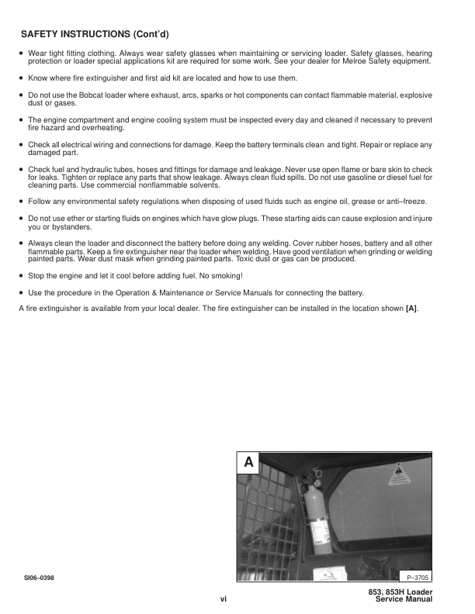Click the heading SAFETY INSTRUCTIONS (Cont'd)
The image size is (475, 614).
coord(95,35)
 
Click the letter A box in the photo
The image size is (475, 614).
coord(248,463)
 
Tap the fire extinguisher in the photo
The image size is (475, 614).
coord(316,516)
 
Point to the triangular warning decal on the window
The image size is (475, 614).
coord(401,472)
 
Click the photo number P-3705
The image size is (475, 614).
coord(417,577)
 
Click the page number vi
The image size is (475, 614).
coord(223,599)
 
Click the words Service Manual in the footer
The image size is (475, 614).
coord(403,600)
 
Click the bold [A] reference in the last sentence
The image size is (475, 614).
coord(411,309)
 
